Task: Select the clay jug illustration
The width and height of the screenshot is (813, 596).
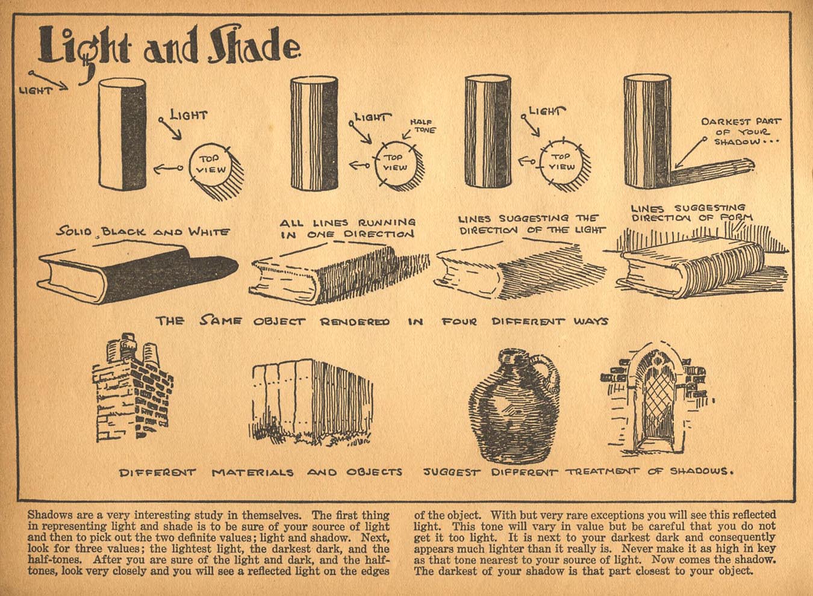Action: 512,406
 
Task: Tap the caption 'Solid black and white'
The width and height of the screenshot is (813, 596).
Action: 143,231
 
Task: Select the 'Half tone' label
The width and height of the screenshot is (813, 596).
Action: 423,126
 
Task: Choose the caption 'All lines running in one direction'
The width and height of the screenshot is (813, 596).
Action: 347,228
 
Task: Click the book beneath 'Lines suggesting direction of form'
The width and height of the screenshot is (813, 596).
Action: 693,271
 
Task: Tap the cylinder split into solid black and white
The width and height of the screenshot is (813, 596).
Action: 122,133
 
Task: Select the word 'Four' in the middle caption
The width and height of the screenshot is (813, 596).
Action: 460,321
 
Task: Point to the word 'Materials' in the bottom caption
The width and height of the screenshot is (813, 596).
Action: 252,472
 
